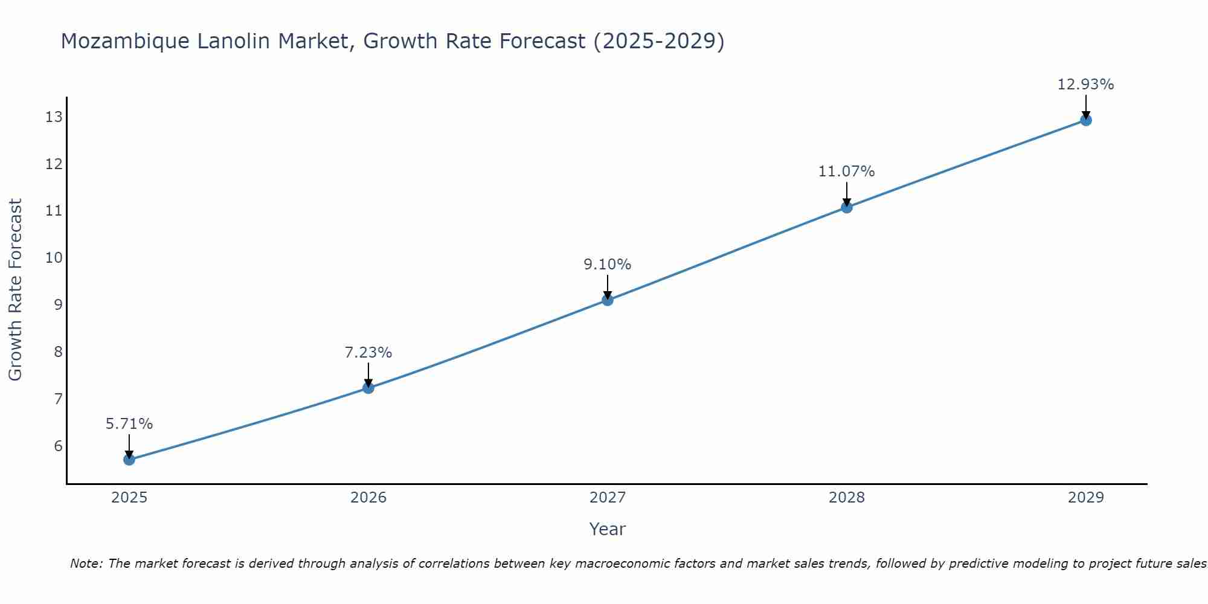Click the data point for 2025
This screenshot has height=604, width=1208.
(x=129, y=460)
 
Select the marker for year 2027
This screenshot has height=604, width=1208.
(x=608, y=300)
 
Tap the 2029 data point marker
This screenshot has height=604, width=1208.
(x=1086, y=120)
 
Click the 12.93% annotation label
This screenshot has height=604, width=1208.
(x=1085, y=85)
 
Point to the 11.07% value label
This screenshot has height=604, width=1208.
(x=846, y=172)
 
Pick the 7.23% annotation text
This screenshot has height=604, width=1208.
(x=368, y=352)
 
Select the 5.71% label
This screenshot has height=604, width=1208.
(x=129, y=424)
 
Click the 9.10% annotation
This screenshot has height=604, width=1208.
(x=607, y=265)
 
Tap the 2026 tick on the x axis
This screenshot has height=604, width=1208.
(x=368, y=498)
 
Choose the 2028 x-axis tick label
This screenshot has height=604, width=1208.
(x=846, y=498)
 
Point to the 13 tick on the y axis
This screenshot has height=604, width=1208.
(x=54, y=117)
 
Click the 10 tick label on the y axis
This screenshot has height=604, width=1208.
(x=54, y=258)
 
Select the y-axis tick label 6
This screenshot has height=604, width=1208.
(x=58, y=446)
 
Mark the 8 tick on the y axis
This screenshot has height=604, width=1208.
(x=58, y=352)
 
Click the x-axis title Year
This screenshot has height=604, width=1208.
(x=607, y=529)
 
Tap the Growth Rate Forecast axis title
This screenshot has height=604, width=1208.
(x=16, y=290)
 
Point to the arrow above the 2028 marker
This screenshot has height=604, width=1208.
(x=847, y=194)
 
